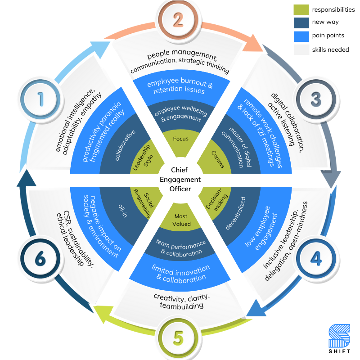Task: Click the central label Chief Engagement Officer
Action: tap(180, 180)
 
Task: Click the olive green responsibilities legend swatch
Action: tap(301, 9)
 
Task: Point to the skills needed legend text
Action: tap(330, 49)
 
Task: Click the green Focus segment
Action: tap(180, 139)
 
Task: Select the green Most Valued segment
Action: tap(180, 220)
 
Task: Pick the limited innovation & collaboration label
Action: tap(180, 273)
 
